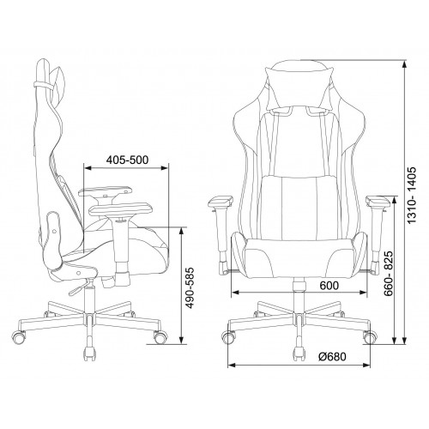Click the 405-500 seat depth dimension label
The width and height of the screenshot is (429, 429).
(x=127, y=160)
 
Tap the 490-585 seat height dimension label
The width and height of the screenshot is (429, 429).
(x=190, y=288)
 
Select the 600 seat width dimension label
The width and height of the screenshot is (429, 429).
(x=329, y=285)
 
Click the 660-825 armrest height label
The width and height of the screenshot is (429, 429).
(x=390, y=275)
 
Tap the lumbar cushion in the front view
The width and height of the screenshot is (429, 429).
(x=299, y=208)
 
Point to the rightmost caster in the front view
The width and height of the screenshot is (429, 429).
(x=371, y=337)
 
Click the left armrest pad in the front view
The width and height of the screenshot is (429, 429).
(x=221, y=201)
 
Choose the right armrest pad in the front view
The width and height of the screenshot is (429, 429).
(x=378, y=201)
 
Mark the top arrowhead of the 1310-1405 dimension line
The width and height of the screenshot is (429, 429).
(x=404, y=64)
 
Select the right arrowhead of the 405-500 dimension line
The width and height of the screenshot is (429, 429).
(x=165, y=168)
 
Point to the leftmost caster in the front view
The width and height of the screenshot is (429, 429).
(x=229, y=337)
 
